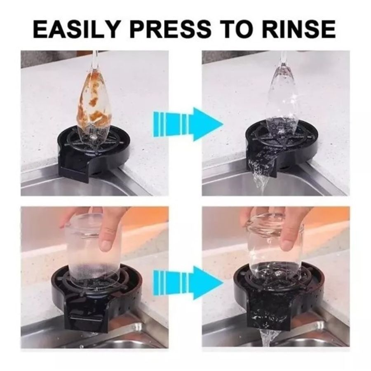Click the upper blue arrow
[188, 124]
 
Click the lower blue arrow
[188, 282]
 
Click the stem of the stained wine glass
[95, 59]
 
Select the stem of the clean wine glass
[283, 58]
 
